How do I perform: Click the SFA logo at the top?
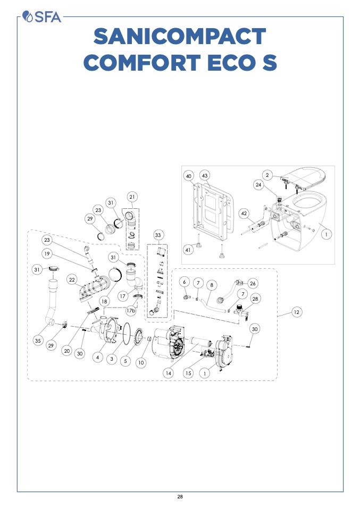41,16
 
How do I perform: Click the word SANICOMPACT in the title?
180,36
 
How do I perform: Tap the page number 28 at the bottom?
180,496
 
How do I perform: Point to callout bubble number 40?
189,176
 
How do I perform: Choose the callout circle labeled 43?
204,176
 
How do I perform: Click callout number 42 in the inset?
244,214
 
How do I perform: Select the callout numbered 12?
296,312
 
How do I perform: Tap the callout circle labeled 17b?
131,311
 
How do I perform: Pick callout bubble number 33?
158,235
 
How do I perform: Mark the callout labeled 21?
132,197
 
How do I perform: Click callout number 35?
38,341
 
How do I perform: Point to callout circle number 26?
253,283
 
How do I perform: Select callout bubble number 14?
169,374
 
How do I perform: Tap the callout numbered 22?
72,279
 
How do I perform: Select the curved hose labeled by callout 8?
213,307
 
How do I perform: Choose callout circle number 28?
255,299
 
